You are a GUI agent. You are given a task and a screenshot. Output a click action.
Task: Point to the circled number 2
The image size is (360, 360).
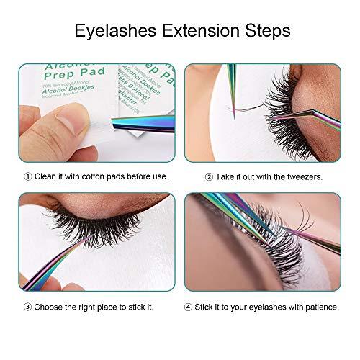pyautogui.click(x=208, y=176)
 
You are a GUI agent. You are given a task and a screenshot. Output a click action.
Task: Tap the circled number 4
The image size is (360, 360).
pyautogui.click(x=189, y=307)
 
